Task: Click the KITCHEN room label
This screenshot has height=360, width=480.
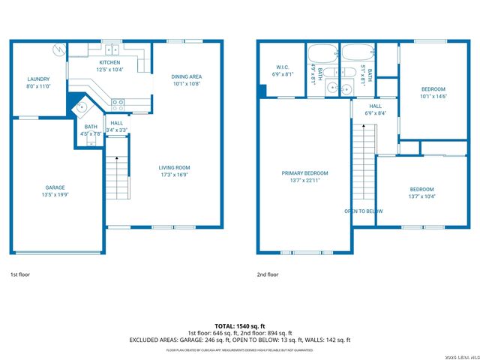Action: [109, 62]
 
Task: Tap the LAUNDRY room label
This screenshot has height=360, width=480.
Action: [38, 79]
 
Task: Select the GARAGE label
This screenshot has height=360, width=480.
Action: [55, 187]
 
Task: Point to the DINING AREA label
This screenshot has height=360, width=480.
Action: [187, 76]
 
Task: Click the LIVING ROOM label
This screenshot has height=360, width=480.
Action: [174, 167]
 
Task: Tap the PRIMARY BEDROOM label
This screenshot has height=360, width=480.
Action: [304, 173]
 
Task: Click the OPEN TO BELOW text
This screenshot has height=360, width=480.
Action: [364, 211]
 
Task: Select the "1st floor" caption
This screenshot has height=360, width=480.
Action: [20, 274]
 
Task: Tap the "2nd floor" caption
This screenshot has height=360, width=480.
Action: [268, 274]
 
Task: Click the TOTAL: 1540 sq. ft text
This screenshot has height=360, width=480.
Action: [239, 325]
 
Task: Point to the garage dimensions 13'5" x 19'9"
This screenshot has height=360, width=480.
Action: [55, 194]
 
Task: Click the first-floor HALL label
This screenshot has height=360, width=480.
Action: [117, 123]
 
